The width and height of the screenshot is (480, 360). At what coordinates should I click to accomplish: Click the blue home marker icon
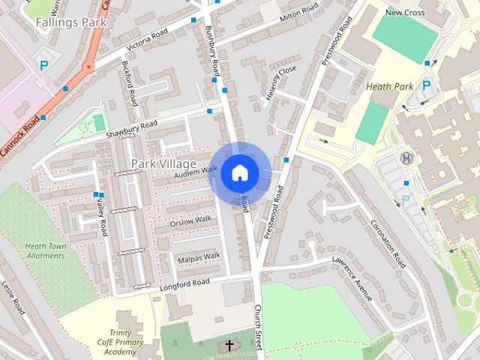(x=239, y=172)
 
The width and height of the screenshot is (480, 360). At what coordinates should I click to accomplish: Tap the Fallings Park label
(x=71, y=22)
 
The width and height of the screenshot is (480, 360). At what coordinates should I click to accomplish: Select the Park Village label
(x=163, y=163)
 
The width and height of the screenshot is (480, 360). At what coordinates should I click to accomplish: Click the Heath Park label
(x=390, y=87)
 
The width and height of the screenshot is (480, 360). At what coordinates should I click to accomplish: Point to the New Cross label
(x=404, y=12)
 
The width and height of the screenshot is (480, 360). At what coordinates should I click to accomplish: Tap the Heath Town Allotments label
(x=45, y=250)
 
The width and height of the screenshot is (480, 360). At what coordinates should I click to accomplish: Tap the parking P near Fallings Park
(x=44, y=66)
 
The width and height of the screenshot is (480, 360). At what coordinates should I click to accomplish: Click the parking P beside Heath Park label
(x=427, y=86)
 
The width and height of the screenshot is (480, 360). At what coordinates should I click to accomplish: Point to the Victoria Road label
(x=147, y=42)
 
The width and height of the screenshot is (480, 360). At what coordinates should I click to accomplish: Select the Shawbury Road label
(x=131, y=128)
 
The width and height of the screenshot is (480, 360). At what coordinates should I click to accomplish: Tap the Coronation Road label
(x=388, y=244)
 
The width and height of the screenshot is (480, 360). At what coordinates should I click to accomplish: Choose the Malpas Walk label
(x=199, y=258)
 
